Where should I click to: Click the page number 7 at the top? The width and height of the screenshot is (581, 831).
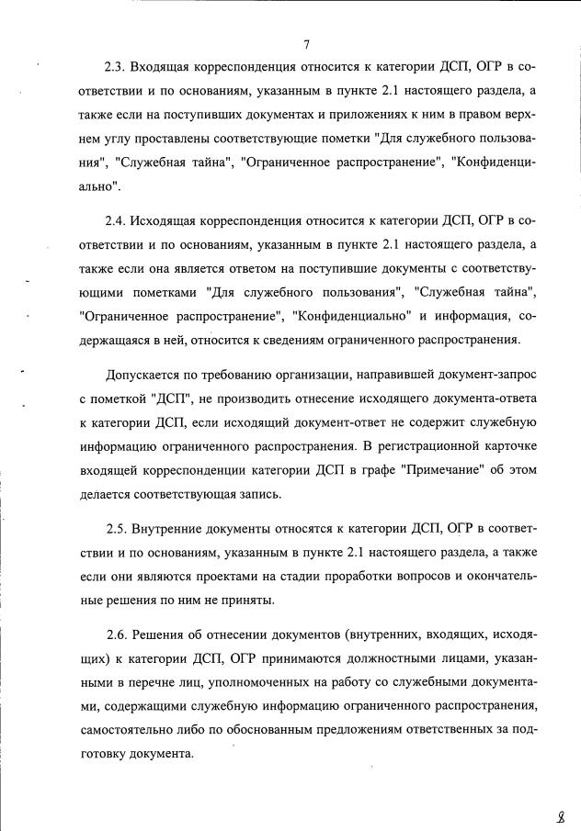coord(306,43)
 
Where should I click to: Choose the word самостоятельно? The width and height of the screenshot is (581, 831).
coord(136,730)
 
